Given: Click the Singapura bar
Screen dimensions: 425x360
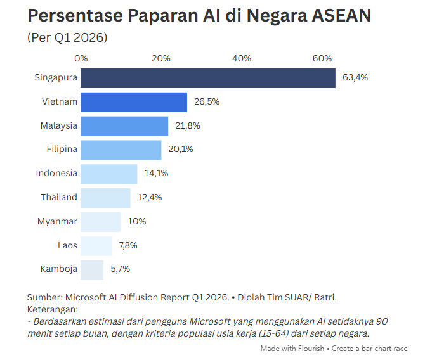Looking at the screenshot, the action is (x=208, y=79).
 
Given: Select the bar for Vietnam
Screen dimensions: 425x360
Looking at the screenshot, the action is (x=134, y=102).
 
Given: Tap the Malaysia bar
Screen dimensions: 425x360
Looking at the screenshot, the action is (x=124, y=126).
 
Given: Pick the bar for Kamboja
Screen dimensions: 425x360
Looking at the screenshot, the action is (x=92, y=270).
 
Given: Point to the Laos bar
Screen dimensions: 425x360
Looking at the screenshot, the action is (x=96, y=246).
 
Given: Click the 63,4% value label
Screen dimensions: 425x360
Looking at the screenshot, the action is (x=355, y=78).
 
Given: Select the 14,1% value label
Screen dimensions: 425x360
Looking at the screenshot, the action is (x=156, y=174).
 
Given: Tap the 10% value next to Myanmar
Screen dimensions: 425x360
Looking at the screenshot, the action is (x=137, y=221).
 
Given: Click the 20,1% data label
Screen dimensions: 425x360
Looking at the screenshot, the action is (x=181, y=149).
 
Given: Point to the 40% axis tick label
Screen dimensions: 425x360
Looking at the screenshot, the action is (x=242, y=58).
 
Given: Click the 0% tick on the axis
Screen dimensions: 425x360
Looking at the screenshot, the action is (x=81, y=58).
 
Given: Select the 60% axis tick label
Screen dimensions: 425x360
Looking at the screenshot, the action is (x=322, y=58).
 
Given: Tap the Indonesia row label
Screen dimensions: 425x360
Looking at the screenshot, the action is (x=56, y=173).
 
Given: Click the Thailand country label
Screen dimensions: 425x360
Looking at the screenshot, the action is (x=59, y=197).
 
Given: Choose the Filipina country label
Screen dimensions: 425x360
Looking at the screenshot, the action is (x=62, y=149).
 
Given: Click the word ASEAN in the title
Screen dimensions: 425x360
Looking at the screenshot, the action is (x=341, y=15).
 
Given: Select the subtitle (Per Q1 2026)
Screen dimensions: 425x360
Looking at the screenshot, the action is (x=67, y=37).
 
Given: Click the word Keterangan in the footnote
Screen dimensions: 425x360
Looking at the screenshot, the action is (x=53, y=309).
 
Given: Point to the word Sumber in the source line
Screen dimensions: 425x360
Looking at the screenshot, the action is (x=45, y=297).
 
